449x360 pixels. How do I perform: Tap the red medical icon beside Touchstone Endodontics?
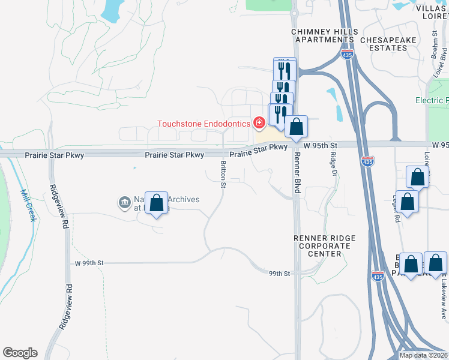click(259, 124)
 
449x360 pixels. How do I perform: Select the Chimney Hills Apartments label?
click(324, 35)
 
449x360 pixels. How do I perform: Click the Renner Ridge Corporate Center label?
click(324, 246)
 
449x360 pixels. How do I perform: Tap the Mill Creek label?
click(29, 205)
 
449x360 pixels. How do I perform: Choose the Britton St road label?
click(223, 174)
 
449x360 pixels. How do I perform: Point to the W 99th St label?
click(89, 263)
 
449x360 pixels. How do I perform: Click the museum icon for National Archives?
click(125, 203)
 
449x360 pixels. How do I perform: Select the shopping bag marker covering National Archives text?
click(157, 203)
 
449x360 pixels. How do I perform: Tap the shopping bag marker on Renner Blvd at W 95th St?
click(296, 127)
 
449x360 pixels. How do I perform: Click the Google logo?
click(20, 353)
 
